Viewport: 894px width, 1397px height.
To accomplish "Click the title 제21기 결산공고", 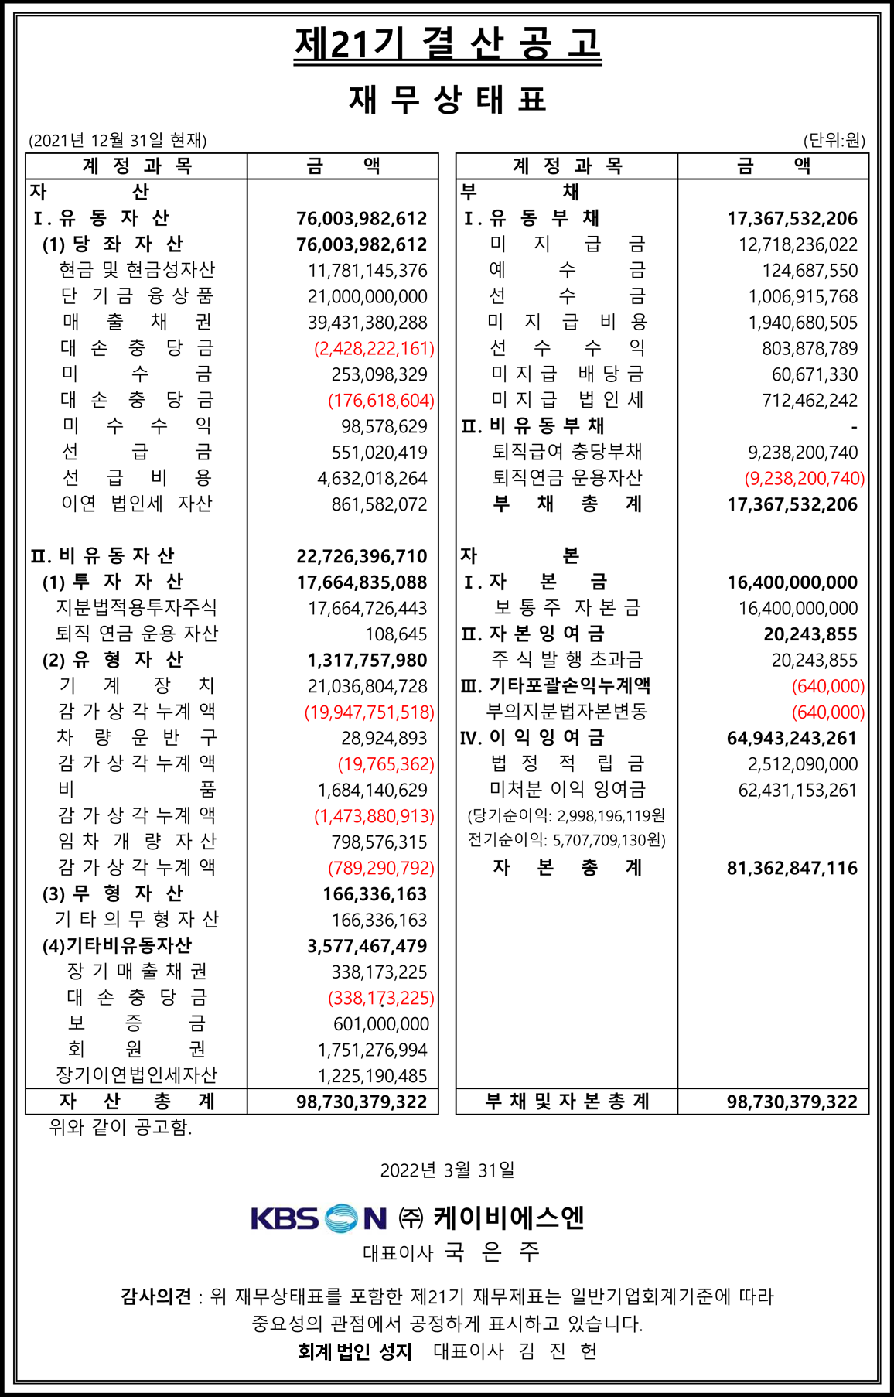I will [x=447, y=44].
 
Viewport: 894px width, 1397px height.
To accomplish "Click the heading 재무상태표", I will [x=447, y=100].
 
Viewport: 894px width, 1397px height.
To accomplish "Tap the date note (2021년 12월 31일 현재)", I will [x=118, y=140].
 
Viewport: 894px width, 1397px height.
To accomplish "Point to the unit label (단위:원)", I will [x=834, y=140].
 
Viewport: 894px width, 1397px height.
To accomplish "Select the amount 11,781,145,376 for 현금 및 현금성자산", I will [x=367, y=271].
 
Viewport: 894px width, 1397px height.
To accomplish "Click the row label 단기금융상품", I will [x=137, y=296].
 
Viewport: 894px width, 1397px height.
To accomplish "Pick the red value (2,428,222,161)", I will [x=374, y=349].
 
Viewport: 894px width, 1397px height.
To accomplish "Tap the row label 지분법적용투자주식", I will [x=137, y=608].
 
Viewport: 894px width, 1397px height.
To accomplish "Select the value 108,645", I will [x=396, y=634].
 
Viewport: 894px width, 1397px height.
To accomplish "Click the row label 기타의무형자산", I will [x=137, y=920].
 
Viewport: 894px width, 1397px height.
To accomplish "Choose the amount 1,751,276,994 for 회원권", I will [x=372, y=1050].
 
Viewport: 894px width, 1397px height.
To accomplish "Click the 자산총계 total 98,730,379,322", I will [x=361, y=1102].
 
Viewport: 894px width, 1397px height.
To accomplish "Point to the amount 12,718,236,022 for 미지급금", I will [x=798, y=245].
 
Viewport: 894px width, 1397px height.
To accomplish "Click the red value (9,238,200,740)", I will [x=804, y=479].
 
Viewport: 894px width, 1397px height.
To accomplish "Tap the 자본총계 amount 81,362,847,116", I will [x=792, y=868].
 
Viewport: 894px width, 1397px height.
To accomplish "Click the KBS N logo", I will [x=319, y=1219].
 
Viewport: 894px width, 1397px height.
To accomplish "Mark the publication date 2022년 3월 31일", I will [x=447, y=1170].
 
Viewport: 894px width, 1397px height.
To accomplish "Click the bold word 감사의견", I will [x=155, y=1296].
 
